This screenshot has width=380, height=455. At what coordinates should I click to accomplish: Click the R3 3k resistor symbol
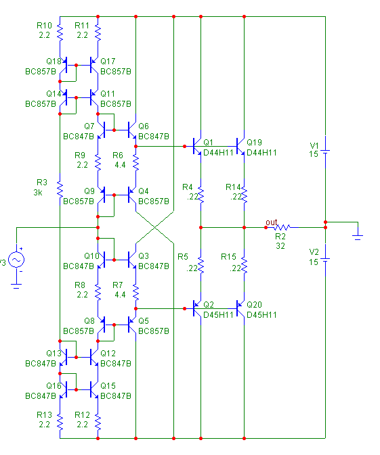click(x=60, y=189)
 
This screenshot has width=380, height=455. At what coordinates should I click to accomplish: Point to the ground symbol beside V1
click(x=358, y=237)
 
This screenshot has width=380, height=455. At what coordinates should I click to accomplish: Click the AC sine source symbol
click(x=16, y=260)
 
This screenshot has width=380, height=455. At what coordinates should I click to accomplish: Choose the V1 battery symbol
click(x=325, y=151)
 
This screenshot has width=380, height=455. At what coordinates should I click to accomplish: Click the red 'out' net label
click(x=271, y=222)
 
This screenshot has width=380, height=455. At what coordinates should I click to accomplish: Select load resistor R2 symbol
click(x=282, y=227)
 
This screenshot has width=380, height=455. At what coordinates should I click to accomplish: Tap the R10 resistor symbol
click(x=60, y=33)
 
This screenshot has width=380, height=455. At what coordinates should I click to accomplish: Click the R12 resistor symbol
click(x=98, y=422)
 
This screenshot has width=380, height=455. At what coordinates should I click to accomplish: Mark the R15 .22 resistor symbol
click(x=245, y=265)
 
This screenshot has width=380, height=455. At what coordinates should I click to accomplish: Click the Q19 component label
click(x=254, y=143)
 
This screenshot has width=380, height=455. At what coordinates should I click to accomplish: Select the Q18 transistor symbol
click(x=64, y=66)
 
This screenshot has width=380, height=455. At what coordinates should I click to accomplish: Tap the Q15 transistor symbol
click(x=94, y=389)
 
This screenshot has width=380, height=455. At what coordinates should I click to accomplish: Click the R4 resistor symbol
click(x=201, y=195)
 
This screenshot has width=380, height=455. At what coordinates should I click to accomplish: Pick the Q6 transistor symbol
click(x=131, y=130)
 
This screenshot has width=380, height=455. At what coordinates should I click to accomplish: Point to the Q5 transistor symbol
click(x=131, y=325)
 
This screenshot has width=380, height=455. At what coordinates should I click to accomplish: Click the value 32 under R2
click(x=280, y=246)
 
